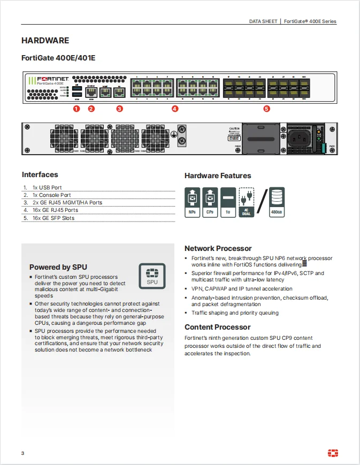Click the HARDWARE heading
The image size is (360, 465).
coord(45,41)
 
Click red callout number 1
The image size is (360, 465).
coord(76,109)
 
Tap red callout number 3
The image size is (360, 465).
coord(119,109)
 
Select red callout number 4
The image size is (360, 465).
coord(175,109)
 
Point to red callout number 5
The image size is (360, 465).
coord(266,109)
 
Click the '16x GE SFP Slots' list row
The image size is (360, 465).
coord(53,218)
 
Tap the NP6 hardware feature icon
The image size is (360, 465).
coord(192,202)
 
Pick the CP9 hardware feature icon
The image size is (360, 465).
coord(210,202)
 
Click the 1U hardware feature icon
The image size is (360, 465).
coord(228,202)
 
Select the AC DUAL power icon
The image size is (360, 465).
coord(246,202)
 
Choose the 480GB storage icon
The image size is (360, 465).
coord(277,202)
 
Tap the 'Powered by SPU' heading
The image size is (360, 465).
coord(58,267)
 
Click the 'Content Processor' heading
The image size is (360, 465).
coord(217,327)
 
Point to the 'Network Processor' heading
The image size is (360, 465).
coord(218,248)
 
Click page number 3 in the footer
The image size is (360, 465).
coord(23,454)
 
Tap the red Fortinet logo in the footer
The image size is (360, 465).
coord(332,453)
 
